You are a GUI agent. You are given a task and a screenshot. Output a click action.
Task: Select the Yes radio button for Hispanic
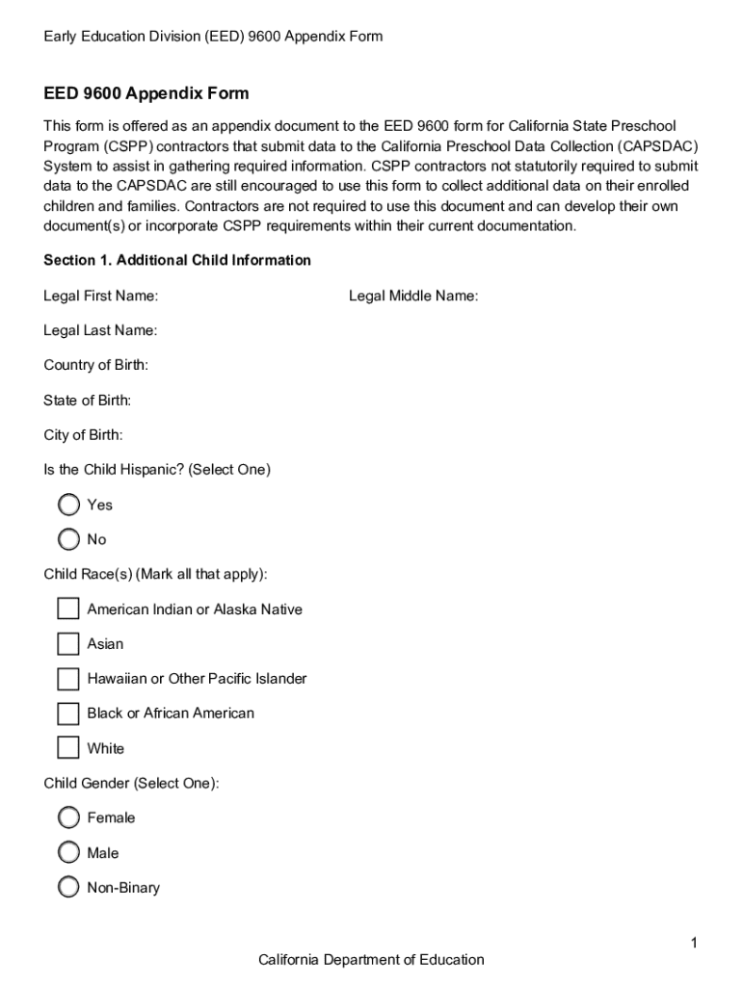point(68,505)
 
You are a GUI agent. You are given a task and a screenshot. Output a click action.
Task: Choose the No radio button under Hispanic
point(68,539)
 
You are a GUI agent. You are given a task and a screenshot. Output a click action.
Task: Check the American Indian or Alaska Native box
point(67,609)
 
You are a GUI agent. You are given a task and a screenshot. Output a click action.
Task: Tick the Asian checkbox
point(67,643)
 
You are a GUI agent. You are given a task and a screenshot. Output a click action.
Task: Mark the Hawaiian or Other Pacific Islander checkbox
point(67,679)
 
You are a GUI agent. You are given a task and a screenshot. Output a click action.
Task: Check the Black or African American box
point(67,714)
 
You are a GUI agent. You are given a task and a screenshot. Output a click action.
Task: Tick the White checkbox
point(67,748)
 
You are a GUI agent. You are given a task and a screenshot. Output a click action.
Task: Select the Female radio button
point(68,817)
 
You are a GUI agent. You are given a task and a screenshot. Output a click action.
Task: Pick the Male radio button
point(68,852)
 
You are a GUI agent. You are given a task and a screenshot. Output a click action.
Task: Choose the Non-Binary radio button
point(68,888)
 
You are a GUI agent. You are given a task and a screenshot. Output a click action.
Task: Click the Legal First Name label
point(100,296)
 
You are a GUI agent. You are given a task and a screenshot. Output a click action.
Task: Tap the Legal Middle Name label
point(412,296)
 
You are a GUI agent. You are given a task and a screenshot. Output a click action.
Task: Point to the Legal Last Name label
point(100,330)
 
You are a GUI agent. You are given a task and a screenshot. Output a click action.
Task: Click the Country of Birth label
point(95,365)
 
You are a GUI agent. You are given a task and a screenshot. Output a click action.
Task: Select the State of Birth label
point(87,400)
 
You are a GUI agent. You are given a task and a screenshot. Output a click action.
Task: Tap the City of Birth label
point(83,435)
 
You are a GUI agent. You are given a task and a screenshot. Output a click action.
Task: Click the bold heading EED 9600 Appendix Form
point(146,93)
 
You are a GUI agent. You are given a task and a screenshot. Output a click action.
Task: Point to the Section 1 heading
point(177,260)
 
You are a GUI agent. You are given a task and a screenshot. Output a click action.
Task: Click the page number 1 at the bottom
point(693,943)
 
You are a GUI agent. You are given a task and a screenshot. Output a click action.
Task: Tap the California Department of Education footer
point(371,959)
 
